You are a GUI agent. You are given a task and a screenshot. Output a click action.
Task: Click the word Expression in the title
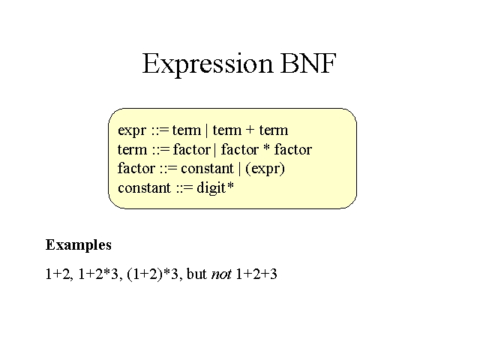coord(207,64)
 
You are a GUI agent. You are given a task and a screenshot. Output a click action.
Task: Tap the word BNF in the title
coord(308,63)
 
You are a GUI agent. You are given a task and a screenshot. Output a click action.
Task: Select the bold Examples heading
coord(78,245)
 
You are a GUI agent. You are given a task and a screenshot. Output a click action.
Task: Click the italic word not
coord(221,274)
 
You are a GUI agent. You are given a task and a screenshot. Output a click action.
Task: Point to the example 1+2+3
coord(256,274)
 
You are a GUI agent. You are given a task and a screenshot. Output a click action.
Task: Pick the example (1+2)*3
coord(152,274)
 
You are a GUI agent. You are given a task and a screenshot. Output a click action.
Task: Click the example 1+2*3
coord(98,274)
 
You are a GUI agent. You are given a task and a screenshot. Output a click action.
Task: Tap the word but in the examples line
coord(196,274)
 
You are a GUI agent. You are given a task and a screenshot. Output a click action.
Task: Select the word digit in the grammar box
coord(211,187)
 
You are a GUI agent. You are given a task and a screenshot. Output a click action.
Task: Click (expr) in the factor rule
coord(265,169)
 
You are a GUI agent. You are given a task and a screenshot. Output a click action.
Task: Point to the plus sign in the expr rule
coord(250,130)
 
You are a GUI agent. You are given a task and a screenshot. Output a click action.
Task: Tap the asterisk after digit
coord(230,185)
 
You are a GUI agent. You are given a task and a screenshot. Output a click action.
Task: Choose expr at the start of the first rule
coord(132,130)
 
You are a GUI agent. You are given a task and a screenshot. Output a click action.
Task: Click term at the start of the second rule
coord(132,149)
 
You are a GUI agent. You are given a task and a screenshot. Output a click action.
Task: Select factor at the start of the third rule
coord(136,168)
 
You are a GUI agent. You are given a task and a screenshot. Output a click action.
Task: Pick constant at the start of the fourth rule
coord(144,187)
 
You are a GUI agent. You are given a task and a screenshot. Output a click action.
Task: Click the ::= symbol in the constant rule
coord(184,187)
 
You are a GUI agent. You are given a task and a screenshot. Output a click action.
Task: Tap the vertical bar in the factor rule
coord(240,169)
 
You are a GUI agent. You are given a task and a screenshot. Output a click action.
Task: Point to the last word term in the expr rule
coord(274,130)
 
